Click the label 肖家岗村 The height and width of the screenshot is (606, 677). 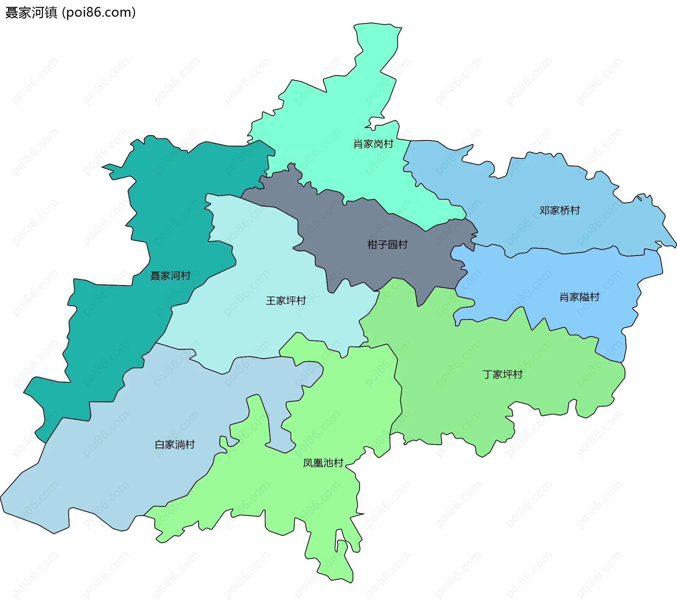[x=373, y=144]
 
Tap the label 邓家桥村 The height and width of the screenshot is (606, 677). [x=560, y=211]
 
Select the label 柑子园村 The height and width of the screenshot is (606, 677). [x=387, y=244]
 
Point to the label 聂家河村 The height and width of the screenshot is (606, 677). [x=170, y=275]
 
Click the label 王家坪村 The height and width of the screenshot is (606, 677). [x=286, y=301]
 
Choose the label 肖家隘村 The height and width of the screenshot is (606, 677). [x=579, y=297]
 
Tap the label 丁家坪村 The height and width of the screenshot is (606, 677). [x=502, y=374]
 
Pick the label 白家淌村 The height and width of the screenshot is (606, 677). [x=175, y=444]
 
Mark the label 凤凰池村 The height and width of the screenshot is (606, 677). [x=323, y=463]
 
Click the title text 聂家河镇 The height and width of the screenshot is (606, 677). [x=31, y=13]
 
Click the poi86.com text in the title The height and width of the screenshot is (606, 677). [x=99, y=13]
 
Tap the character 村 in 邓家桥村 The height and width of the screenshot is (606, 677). [x=575, y=211]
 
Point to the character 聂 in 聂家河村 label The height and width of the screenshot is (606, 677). [x=155, y=275]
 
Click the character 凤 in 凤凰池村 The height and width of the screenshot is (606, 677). [x=308, y=463]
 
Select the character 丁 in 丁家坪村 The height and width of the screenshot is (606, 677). [x=488, y=374]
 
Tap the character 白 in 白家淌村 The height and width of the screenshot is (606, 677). [x=160, y=444]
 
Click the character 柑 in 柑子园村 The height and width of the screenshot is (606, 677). [x=372, y=244]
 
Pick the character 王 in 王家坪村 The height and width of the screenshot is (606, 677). [x=271, y=301]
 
